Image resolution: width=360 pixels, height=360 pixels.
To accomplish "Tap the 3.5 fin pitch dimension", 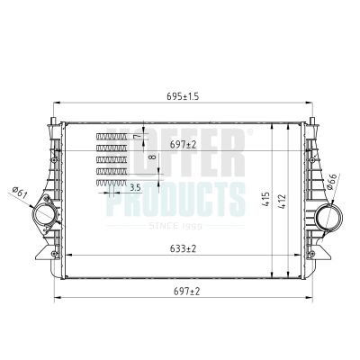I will tap(135, 187).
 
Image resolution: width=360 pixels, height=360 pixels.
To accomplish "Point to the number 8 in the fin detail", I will tap(152, 158).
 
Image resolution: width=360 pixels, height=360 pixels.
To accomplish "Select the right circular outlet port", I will tap(328, 217).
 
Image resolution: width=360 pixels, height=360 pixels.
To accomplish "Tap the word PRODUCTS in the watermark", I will tap(175, 198).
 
